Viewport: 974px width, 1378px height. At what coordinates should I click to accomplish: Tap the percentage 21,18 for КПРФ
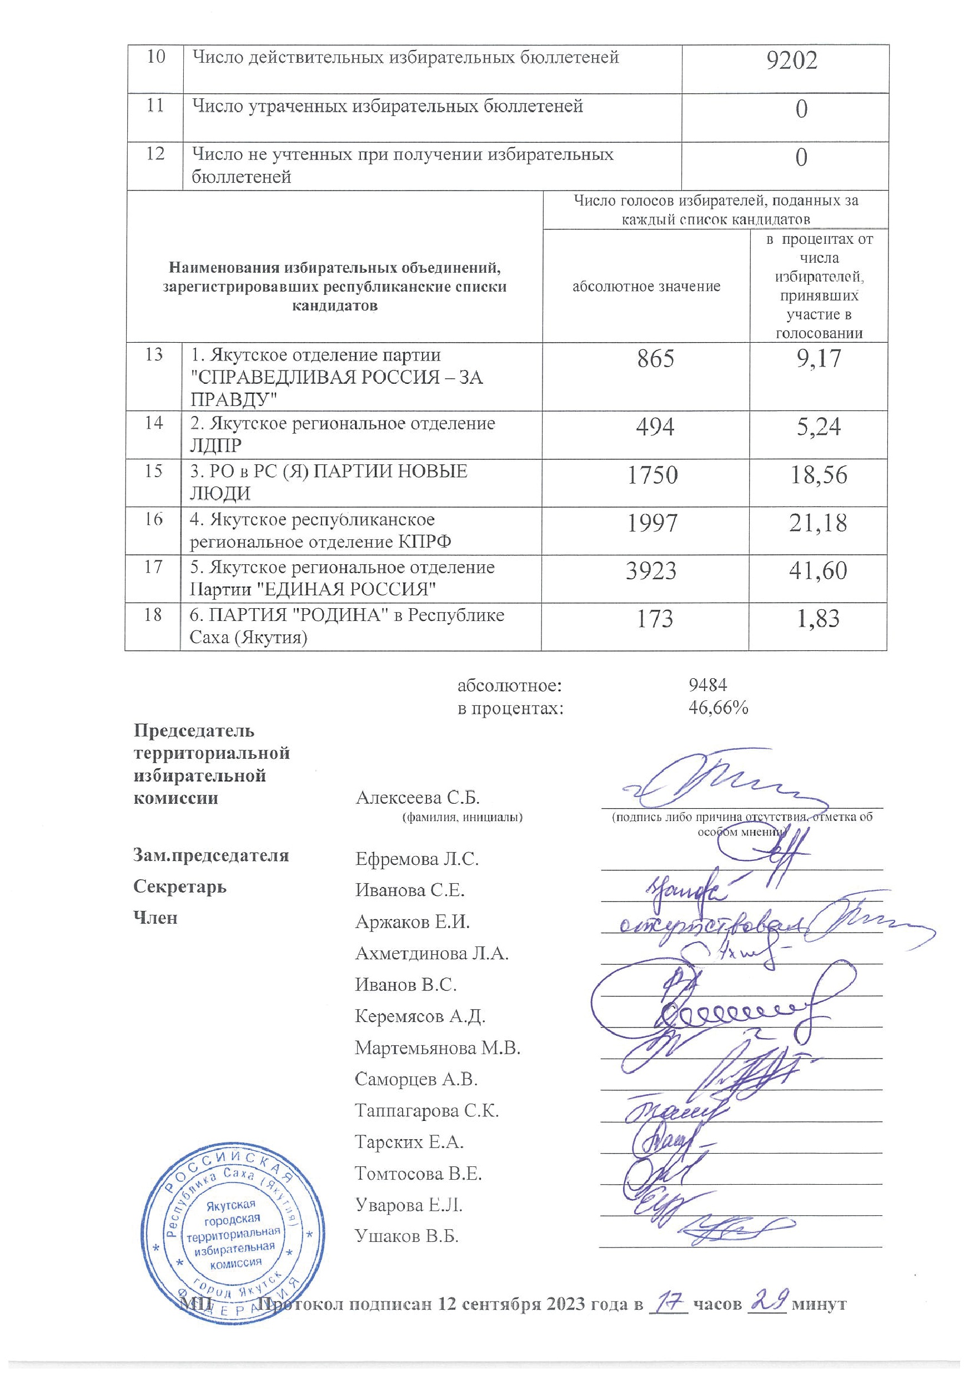click(x=819, y=523)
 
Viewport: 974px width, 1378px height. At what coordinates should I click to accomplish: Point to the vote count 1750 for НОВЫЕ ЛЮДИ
click(x=652, y=475)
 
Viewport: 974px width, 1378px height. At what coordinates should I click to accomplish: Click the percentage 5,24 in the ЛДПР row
click(x=818, y=427)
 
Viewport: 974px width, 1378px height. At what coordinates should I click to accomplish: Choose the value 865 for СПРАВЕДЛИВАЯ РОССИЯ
click(x=655, y=359)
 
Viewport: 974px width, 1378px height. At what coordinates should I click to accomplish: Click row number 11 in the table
click(x=155, y=106)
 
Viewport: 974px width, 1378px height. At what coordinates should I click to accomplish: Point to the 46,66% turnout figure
click(x=718, y=708)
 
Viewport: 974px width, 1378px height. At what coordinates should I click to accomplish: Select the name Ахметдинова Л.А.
click(x=431, y=953)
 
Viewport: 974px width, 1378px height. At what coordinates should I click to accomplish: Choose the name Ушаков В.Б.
click(x=406, y=1236)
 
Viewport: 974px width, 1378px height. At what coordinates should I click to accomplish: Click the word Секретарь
click(x=179, y=886)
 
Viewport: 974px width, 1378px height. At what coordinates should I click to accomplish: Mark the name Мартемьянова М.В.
click(x=437, y=1048)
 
